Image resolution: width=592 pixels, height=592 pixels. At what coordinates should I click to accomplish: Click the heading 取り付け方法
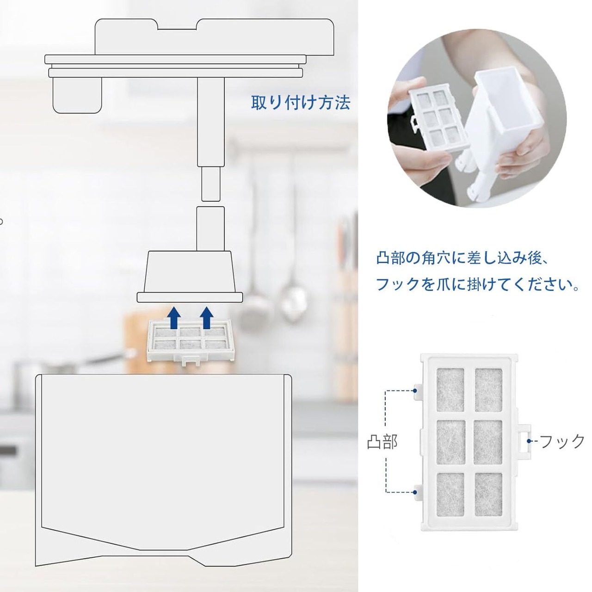coord(301,103)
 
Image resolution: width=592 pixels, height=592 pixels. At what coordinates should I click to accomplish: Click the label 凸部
coord(382,442)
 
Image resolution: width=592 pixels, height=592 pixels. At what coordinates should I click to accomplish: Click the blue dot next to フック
coord(529,441)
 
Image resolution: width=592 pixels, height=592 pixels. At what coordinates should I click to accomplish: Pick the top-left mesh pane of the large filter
coord(450,390)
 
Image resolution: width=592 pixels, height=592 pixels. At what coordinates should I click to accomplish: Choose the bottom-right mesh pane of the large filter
coord(488,494)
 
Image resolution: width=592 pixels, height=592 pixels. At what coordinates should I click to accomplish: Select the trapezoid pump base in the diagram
coord(190,276)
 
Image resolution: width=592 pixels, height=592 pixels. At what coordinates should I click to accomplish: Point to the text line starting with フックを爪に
coord(477,284)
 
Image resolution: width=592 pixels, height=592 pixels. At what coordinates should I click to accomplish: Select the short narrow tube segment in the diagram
coord(211,185)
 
